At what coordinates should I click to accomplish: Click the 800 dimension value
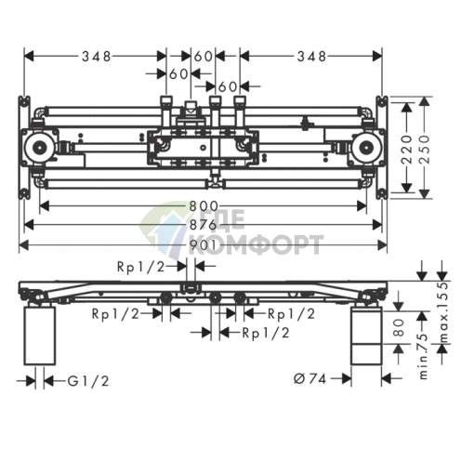pyautogui.click(x=204, y=206)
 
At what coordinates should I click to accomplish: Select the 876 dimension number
pyautogui.click(x=204, y=225)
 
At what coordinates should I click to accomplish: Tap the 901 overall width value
pyautogui.click(x=203, y=245)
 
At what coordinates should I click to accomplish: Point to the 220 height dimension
pyautogui.click(x=407, y=150)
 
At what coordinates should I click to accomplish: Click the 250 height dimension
pyautogui.click(x=425, y=150)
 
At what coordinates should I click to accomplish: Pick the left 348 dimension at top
pyautogui.click(x=96, y=57)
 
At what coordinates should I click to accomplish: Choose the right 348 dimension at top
pyautogui.click(x=311, y=57)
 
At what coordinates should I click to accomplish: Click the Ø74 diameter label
pyautogui.click(x=310, y=378)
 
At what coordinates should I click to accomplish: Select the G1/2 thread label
pyautogui.click(x=88, y=381)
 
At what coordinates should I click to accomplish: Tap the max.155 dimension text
pyautogui.click(x=444, y=313)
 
